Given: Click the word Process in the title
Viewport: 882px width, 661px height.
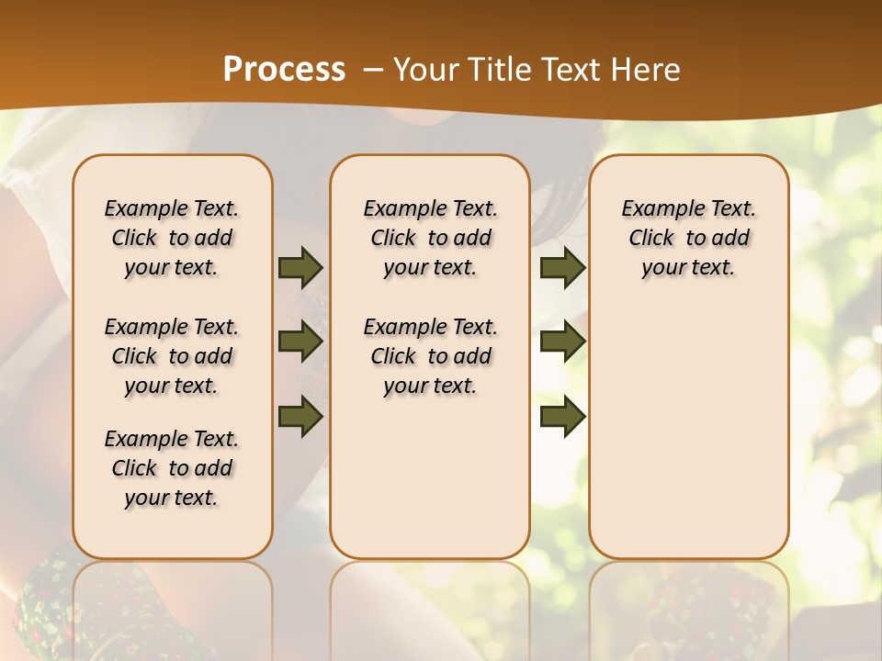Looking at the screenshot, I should pos(284,70).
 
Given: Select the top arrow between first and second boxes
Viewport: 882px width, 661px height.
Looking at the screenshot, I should pos(300,267).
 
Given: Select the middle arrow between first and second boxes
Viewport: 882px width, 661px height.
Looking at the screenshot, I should pos(300,342).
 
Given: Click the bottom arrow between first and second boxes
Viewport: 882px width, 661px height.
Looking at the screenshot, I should pos(300,416).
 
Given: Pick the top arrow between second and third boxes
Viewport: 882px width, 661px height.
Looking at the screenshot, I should pos(562,267).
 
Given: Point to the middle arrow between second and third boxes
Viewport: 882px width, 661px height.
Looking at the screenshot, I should pos(562,342).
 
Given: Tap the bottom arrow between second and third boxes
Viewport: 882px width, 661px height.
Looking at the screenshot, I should pos(562,416).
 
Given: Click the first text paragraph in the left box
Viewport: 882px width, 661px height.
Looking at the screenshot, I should pos(172,238).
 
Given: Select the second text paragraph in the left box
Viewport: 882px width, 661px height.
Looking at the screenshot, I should pos(172,356).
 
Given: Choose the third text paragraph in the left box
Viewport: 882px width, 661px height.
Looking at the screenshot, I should pos(172,468).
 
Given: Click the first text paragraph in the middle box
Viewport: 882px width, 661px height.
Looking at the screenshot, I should pos(430,238).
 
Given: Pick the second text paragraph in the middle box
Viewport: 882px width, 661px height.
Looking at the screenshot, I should pos(430,356).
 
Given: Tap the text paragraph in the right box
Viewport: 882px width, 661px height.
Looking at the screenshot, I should pos(689,238).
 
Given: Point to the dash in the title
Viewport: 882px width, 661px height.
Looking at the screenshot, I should pos(373,70).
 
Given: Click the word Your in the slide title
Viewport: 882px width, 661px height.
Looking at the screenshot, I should pos(427,70).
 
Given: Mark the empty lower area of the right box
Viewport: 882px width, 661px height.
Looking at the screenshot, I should pos(689,431).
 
